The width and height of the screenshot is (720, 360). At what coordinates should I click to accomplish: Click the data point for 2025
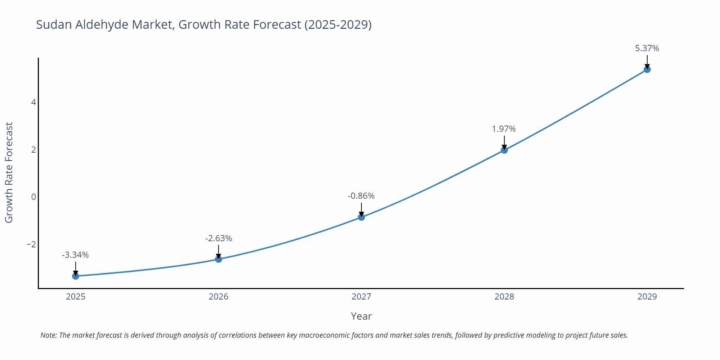pos(76,276)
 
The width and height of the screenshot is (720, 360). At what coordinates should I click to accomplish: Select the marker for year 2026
pos(219,259)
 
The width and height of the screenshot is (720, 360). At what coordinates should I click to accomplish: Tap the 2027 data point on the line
pos(361,217)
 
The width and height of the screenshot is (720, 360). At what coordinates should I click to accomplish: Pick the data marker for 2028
pos(504,150)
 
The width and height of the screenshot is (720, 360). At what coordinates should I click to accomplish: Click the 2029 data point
pos(647,69)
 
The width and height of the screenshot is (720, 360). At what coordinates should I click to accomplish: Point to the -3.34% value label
pos(75,255)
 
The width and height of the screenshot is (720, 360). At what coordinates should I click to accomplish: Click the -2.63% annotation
pos(219,238)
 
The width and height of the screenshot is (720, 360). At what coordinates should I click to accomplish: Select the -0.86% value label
pos(361,196)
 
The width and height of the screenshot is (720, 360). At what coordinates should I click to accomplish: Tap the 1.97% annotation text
pos(504,129)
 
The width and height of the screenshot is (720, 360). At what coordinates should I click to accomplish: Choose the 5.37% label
pos(647,48)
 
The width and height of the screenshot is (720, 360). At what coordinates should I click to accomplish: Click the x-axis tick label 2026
pos(219,297)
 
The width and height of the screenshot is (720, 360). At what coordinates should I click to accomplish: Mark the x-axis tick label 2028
pos(504,297)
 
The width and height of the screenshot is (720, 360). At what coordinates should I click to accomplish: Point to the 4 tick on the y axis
pos(33,102)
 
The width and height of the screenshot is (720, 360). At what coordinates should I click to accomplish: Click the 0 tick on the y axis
pos(33,197)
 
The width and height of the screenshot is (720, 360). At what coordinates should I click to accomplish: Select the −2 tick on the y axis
pos(31,244)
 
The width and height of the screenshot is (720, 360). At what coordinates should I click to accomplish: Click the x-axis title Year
pos(361,316)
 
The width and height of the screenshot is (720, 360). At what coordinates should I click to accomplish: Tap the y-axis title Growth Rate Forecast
pos(9,172)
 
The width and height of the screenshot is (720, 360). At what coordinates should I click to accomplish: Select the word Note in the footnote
pos(48,335)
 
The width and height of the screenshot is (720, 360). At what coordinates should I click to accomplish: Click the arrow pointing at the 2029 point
pos(647,62)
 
